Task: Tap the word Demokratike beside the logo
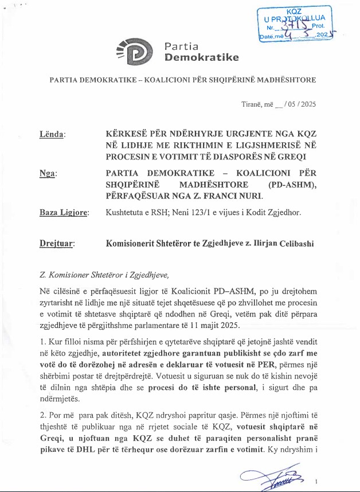(201, 57)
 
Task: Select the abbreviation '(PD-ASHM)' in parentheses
(291, 184)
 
